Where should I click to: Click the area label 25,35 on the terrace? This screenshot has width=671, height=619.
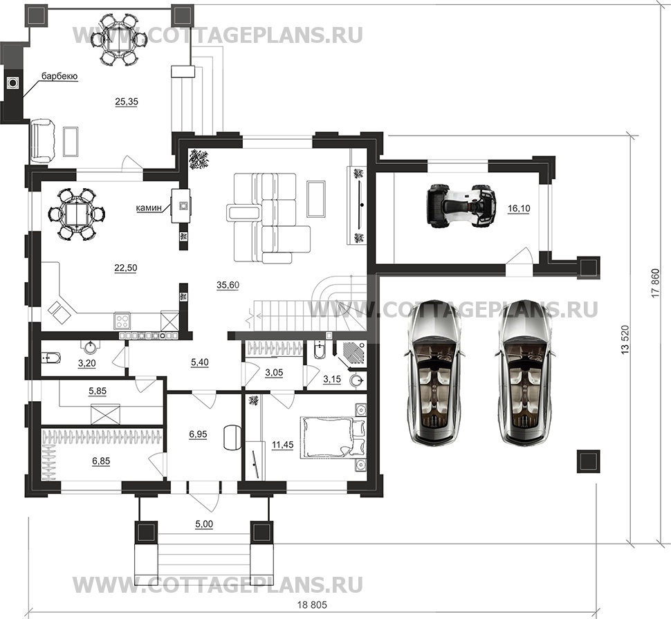pos(126,102)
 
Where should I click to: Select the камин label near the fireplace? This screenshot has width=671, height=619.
pos(149,205)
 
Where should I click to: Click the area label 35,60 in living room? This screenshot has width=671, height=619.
pos(227,284)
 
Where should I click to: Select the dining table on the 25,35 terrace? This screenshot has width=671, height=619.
pos(122,39)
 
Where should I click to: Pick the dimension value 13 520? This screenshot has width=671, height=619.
pos(625,340)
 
